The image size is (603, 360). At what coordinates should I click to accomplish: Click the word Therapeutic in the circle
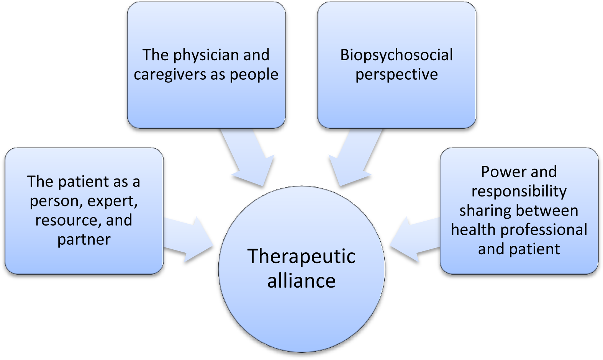(x=301, y=257)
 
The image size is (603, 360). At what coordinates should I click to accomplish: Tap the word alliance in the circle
(x=301, y=281)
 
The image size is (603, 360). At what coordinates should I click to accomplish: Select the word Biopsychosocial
(x=397, y=55)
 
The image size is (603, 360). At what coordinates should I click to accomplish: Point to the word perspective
(x=397, y=74)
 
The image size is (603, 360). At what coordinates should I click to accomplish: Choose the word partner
(x=84, y=240)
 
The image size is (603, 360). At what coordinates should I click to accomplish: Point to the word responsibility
(x=519, y=191)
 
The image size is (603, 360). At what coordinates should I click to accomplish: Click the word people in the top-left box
(x=254, y=74)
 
